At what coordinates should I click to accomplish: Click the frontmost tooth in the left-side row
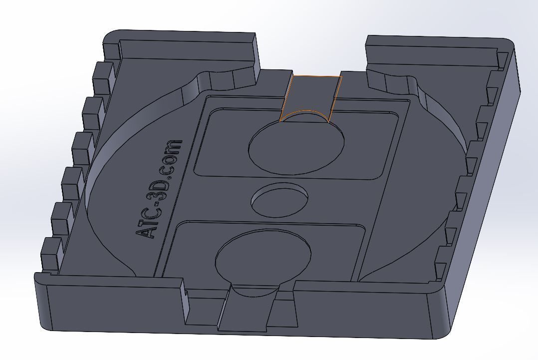tap(50, 254)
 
